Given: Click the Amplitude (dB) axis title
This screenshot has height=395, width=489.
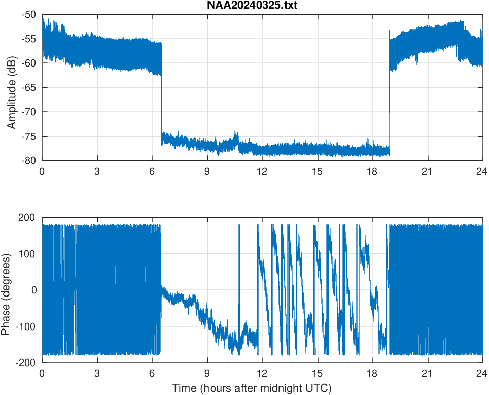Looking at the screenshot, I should [x=12, y=87].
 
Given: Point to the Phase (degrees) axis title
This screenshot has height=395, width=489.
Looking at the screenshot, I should [x=6, y=290].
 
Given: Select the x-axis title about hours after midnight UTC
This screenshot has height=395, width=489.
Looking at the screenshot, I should [x=252, y=389].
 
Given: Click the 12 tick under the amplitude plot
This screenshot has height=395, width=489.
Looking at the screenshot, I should [x=262, y=171].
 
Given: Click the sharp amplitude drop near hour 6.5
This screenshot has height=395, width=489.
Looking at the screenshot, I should [x=161, y=102].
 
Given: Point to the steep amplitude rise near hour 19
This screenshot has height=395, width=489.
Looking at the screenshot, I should [x=389, y=102].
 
